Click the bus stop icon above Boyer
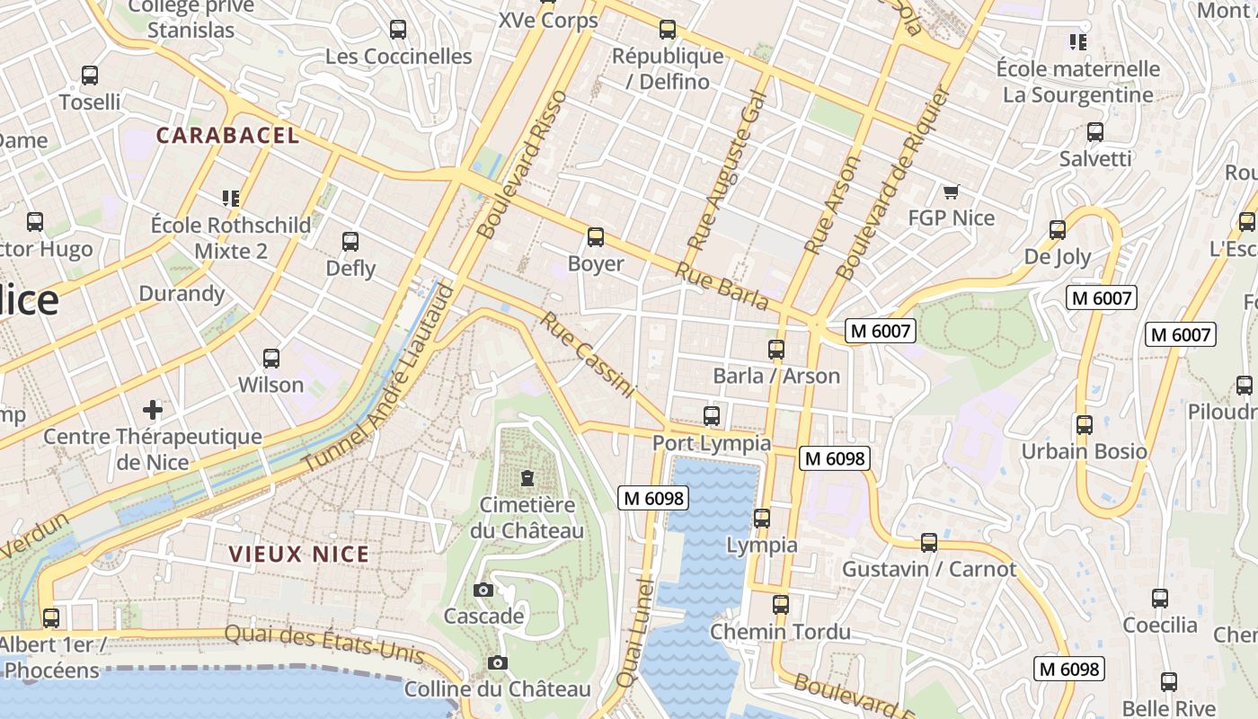click(x=595, y=237)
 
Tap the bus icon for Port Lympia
click(x=712, y=415)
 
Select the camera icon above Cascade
click(x=483, y=590)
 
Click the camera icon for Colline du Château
click(x=498, y=662)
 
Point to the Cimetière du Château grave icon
click(x=527, y=478)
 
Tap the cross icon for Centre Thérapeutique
click(x=153, y=410)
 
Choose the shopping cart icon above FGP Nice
click(x=952, y=191)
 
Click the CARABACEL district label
click(x=227, y=136)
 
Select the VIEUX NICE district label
click(x=299, y=554)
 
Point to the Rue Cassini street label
click(x=588, y=356)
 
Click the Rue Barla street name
click(x=722, y=287)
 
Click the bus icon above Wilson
click(x=271, y=359)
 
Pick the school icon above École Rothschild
click(x=231, y=198)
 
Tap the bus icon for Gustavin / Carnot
click(x=929, y=543)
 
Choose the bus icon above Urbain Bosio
click(x=1085, y=424)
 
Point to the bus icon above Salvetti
click(x=1095, y=132)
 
